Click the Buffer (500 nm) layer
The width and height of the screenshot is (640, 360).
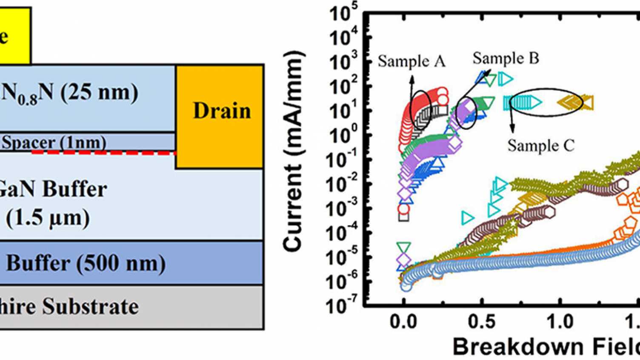85,263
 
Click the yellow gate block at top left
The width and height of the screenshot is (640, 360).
13,36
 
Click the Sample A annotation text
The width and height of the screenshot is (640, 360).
411,62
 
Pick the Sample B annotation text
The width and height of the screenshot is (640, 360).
506,58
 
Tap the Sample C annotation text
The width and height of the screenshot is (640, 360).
540,146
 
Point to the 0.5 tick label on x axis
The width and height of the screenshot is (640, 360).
481,322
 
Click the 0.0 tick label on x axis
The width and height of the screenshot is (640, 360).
403,322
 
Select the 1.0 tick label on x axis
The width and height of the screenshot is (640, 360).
560,322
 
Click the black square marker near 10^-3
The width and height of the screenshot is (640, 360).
403,217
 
